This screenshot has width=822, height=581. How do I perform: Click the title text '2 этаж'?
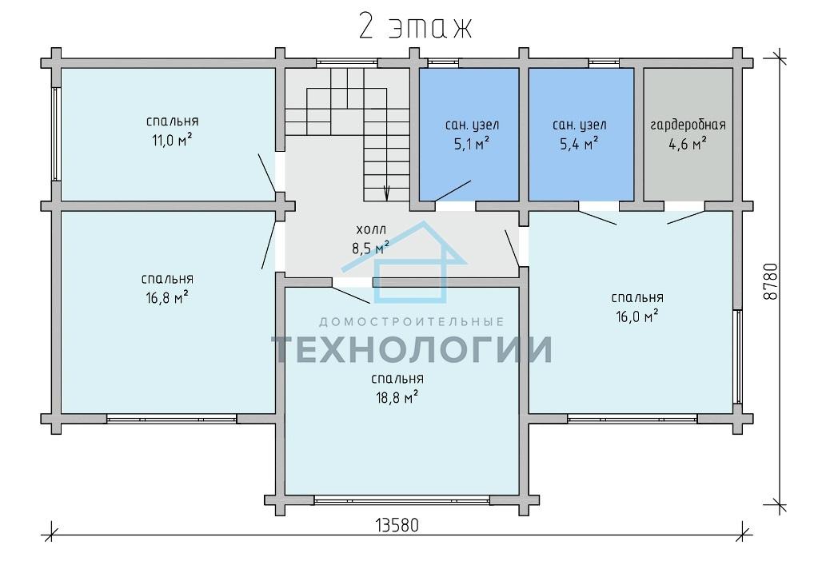click(416, 26)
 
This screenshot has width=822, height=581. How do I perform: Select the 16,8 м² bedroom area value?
click(167, 298)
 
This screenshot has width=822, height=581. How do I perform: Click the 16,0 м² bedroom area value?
click(637, 317)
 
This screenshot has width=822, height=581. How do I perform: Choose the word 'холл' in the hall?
click(371, 229)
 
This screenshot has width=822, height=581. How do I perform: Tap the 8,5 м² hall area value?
click(371, 247)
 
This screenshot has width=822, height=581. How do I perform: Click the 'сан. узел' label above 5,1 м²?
click(472, 125)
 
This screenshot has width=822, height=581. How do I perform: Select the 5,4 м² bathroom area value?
click(579, 144)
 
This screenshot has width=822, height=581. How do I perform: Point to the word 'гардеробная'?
click(688, 125)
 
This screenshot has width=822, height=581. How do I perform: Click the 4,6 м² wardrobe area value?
click(688, 144)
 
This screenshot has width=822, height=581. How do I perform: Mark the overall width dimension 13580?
click(397, 526)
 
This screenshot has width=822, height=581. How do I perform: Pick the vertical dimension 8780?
click(770, 281)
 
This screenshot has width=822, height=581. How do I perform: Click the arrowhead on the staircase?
click(387, 193)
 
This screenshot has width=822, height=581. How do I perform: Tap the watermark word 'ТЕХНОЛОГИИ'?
click(412, 349)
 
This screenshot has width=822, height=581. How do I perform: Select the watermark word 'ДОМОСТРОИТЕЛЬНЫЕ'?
click(412, 321)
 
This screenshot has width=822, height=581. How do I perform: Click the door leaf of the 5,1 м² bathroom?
click(453, 191)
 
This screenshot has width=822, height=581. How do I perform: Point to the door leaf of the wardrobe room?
click(686, 217)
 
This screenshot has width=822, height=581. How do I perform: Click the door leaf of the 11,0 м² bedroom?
click(267, 173)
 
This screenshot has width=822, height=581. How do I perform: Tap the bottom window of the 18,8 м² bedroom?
click(402, 500)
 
